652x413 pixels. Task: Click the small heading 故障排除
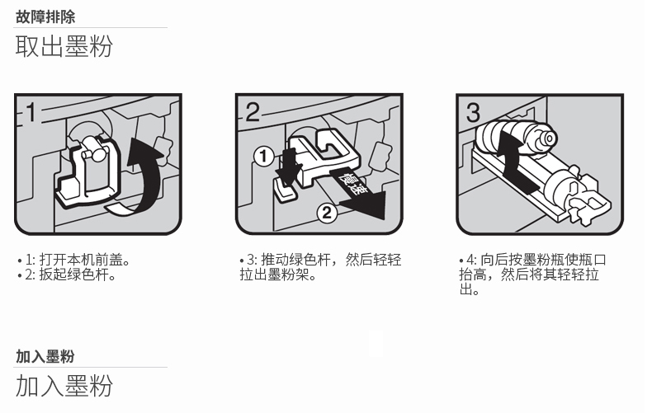point(45,17)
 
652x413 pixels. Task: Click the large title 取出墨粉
point(64,45)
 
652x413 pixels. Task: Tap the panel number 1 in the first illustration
point(31,112)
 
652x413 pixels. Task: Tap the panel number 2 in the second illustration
point(253,112)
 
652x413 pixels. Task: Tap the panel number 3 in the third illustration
point(473,113)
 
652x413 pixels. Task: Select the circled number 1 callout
point(263,157)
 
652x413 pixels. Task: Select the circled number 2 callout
point(328,213)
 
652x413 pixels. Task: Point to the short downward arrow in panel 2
point(289,167)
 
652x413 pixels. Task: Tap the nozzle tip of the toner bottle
point(550,138)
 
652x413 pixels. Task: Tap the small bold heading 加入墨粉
point(45,356)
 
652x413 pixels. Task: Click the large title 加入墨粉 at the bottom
point(64,385)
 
